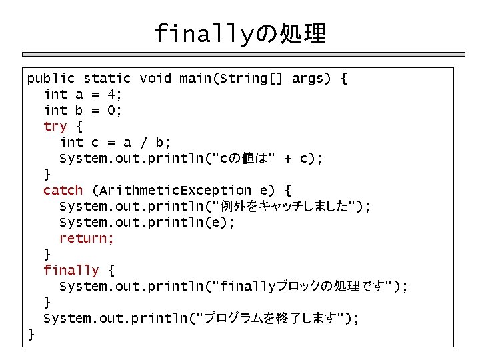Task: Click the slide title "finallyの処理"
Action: tap(240, 33)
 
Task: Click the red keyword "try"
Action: tap(55, 127)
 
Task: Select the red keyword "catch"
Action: tap(63, 191)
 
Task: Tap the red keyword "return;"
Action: tap(87, 239)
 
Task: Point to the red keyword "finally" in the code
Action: tap(71, 271)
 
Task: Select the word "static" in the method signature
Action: tap(107, 79)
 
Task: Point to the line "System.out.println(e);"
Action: tap(147, 223)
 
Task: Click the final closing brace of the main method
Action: tap(31, 334)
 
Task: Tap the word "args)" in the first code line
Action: tap(311, 79)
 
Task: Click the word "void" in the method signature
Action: tap(155, 79)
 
